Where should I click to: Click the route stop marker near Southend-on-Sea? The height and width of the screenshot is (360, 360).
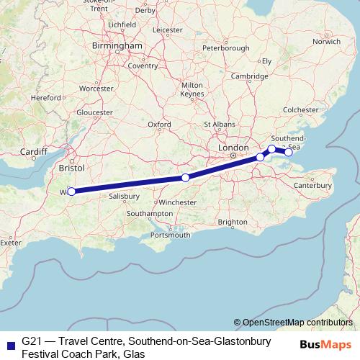pos(288,152)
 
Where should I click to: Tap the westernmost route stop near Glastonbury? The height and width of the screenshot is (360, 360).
pos(71,192)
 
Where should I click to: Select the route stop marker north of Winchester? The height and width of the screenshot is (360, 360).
pos(185,178)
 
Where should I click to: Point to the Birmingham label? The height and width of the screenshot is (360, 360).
pos(117,45)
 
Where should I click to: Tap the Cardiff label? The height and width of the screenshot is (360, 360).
pos(33,152)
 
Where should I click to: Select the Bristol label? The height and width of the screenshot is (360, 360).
pos(72,167)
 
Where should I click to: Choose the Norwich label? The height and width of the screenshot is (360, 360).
pos(326,41)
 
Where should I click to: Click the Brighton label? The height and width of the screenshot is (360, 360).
pos(232,222)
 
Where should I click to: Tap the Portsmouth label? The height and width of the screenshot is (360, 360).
pos(171,235)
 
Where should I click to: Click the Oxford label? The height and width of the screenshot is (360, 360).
pos(159,124)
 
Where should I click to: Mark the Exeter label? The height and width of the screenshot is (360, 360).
pos(10,243)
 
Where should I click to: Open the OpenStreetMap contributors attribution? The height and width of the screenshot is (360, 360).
pos(298,322)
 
